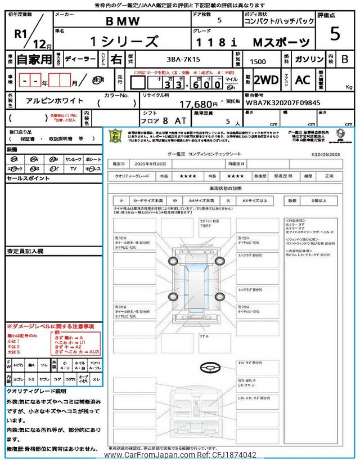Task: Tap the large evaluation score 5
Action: (335, 34)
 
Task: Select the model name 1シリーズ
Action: (124, 42)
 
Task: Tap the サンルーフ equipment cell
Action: (73, 159)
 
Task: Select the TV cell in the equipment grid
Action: (73, 168)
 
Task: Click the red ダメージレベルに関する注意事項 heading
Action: (51, 326)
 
